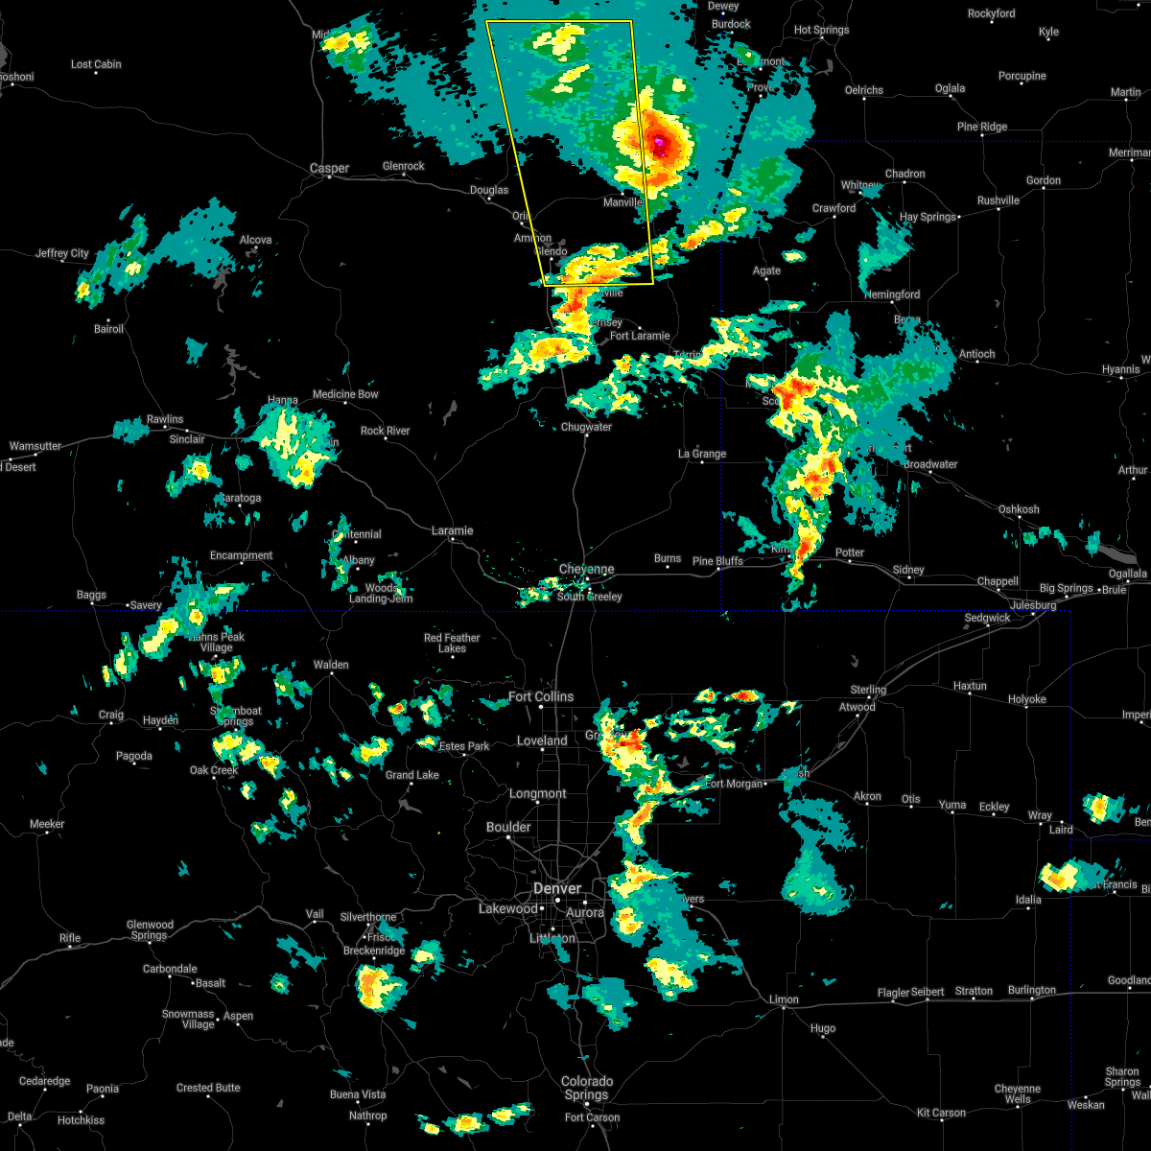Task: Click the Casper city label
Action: [329, 169]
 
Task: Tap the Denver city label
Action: [557, 889]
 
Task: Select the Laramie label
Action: [452, 530]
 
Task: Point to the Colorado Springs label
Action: [586, 1088]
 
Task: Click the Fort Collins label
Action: [541, 696]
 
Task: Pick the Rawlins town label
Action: [165, 419]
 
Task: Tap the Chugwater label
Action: [586, 427]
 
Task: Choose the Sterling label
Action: [869, 690]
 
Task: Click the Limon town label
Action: [784, 998]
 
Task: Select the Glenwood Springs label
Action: [151, 930]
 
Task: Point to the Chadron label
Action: [905, 174]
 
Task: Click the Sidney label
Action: [908, 570]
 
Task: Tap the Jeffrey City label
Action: [62, 253]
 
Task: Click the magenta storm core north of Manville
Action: [660, 142]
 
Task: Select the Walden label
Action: [331, 665]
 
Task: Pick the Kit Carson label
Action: [941, 1113]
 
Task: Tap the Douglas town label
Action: [489, 190]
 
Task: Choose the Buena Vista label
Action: [358, 1094]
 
